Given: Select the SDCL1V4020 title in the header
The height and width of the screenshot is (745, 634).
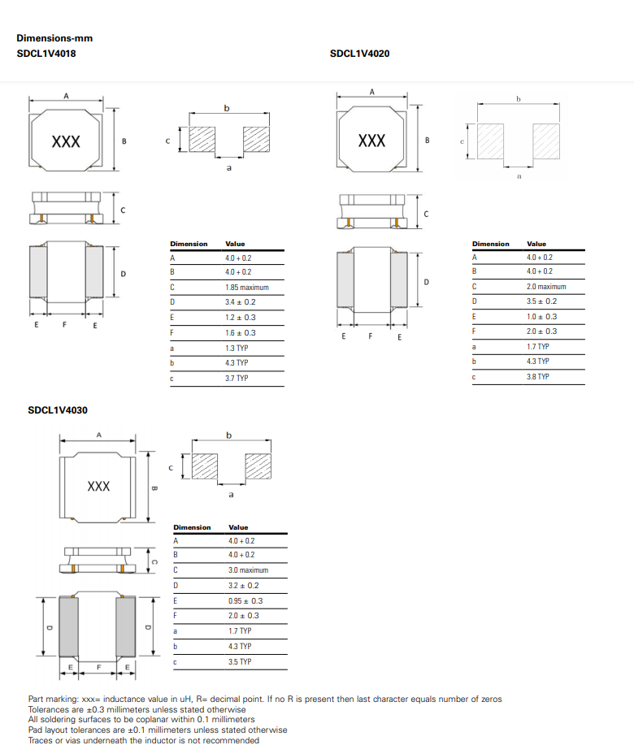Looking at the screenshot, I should point(359,54).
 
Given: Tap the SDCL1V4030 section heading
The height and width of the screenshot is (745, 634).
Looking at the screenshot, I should point(58,410).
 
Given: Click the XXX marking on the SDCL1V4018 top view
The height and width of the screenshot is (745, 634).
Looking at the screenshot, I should point(66,141).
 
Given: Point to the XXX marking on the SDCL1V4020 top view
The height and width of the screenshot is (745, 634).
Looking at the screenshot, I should point(371,141).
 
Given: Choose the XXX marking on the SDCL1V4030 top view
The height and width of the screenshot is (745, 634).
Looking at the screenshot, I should point(98,486).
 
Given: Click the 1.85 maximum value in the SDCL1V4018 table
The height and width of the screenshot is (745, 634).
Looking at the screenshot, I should point(246,288).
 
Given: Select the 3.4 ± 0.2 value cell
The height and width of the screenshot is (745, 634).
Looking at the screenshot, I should point(241,302).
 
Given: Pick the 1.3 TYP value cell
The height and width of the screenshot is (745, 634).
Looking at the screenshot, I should point(237,348).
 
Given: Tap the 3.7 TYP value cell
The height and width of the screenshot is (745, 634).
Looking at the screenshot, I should point(237,379).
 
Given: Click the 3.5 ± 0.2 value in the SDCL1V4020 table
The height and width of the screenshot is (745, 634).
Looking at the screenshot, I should point(542,301).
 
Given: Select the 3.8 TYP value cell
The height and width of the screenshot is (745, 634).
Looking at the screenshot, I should point(538,377).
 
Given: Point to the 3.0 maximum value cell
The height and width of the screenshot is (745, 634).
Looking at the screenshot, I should point(248,570).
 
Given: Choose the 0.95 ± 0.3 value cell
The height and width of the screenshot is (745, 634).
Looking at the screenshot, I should point(245,601).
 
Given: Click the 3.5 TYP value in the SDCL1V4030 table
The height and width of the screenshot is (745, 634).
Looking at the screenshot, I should point(240,662).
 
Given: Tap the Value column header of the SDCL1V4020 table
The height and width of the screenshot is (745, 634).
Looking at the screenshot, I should point(536,244).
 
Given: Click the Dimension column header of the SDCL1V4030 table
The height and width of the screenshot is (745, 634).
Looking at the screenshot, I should point(192,527).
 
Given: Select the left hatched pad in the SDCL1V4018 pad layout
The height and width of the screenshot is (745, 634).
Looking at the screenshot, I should point(201,139).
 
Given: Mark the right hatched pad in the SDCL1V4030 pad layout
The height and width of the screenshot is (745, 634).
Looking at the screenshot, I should point(258,466).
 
